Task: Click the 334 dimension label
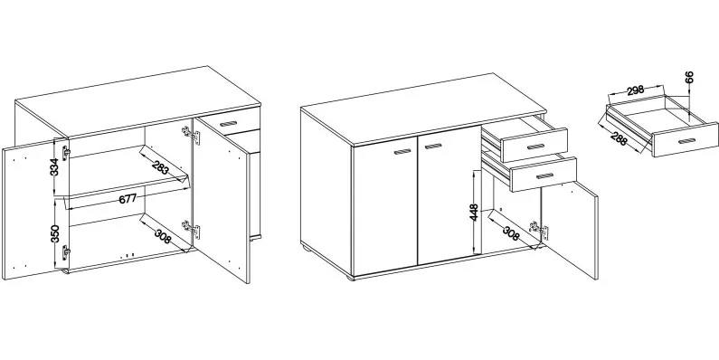tap(54, 167)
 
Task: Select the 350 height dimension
tap(54, 233)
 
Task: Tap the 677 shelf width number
tap(128, 199)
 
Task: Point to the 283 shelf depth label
tap(160, 168)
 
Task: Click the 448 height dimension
tap(474, 213)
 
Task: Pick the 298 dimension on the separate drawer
tap(636, 90)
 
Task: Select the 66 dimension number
tap(689, 77)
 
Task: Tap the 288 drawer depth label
tap(619, 139)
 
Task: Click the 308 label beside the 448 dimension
tap(511, 233)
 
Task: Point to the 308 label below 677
tap(162, 236)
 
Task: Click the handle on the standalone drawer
tap(687, 141)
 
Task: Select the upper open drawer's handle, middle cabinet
tap(535, 147)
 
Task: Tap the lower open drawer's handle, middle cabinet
tap(545, 176)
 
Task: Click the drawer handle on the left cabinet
tap(228, 123)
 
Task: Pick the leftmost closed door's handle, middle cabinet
tap(402, 152)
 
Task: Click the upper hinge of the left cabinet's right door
tap(191, 135)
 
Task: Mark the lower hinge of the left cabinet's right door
tap(191, 229)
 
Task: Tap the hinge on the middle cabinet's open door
tap(539, 231)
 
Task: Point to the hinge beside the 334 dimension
tap(66, 153)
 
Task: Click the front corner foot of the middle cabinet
tap(350, 278)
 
